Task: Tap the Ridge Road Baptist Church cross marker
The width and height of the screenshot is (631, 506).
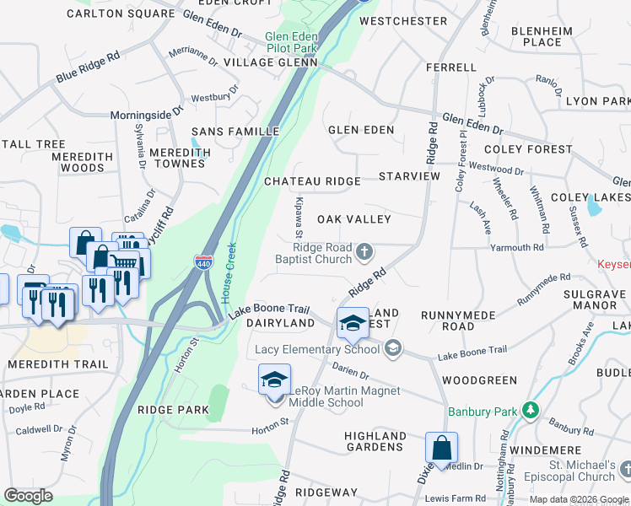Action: coord(364,250)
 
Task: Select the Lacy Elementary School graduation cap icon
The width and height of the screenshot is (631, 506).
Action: coord(353,321)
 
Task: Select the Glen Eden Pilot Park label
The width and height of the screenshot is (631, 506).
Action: coord(290,42)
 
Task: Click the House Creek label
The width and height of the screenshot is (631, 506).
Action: coord(228,273)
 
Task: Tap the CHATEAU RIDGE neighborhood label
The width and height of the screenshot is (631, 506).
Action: coord(312,181)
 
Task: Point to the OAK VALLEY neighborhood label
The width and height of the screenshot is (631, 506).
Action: coord(353,219)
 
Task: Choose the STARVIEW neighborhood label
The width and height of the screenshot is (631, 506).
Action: coord(409,176)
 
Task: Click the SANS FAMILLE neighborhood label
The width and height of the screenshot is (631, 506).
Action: coord(235,132)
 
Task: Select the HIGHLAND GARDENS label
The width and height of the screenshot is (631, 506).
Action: coord(375,441)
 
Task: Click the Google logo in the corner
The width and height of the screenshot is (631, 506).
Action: coord(28,496)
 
